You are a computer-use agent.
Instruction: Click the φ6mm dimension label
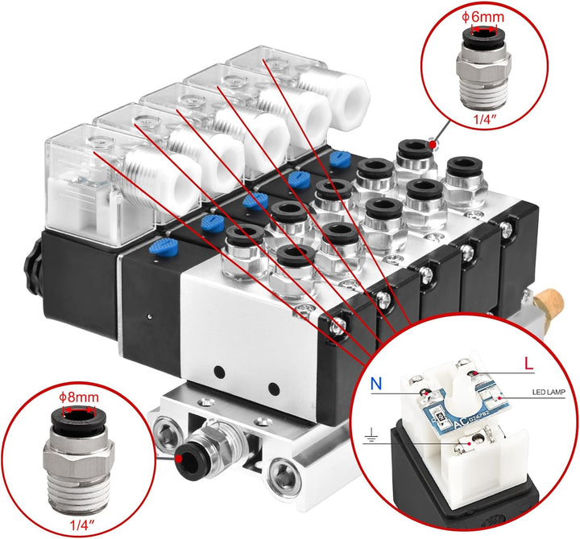[x=483, y=16]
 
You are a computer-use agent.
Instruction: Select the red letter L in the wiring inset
[x=528, y=364]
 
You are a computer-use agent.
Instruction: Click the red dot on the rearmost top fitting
[x=433, y=144]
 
